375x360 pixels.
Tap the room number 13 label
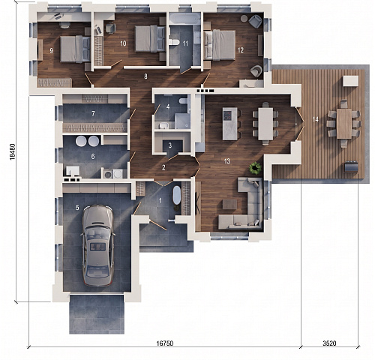pos(227,161)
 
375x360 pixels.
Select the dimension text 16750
pos(165,343)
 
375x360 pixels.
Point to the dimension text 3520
pos(329,343)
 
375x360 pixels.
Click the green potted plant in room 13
pos(255,168)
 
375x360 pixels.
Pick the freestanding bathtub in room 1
pos(177,195)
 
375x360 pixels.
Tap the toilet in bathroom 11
pos(173,42)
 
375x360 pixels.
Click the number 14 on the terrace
pos(315,119)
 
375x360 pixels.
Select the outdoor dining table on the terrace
pos(344,124)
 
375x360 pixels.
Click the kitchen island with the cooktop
pos(230,124)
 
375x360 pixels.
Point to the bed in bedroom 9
pos(75,49)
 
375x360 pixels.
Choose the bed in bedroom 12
pos(220,45)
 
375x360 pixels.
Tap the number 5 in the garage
pos(77,207)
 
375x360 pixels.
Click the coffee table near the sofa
pos(229,204)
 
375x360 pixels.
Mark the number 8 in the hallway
pos(145,76)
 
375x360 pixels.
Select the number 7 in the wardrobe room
pos(93,114)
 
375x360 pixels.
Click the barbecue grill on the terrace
pos(351,166)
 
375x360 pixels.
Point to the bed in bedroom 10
pos(150,39)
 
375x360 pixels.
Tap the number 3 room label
pos(170,145)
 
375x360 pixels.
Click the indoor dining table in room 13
pos(265,124)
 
